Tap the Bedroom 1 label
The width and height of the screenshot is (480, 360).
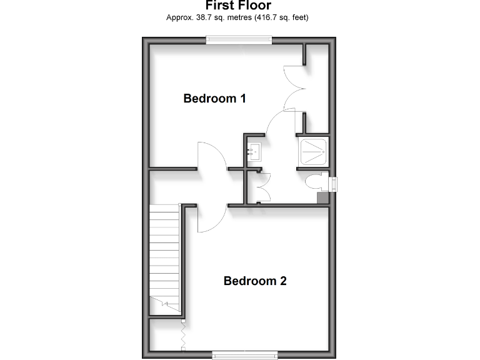pyautogui.click(x=214, y=98)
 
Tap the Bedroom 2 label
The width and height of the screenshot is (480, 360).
pyautogui.click(x=255, y=281)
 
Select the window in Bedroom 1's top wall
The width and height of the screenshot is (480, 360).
pyautogui.click(x=239, y=41)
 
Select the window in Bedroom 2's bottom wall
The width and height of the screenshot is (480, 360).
pyautogui.click(x=244, y=355)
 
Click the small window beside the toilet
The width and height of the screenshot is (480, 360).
pyautogui.click(x=334, y=183)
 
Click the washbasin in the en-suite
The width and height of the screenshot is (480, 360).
pyautogui.click(x=254, y=150)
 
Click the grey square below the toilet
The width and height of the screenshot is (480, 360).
pyautogui.click(x=322, y=198)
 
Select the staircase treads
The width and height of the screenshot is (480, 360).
pyautogui.click(x=164, y=256)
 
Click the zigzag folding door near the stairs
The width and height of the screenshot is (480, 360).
pyautogui.click(x=184, y=334)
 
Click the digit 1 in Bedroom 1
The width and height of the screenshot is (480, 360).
pyautogui.click(x=242, y=98)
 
